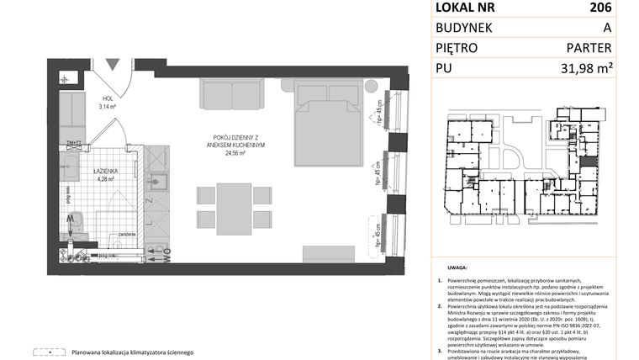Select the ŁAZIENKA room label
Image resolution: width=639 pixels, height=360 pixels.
coord(105,170)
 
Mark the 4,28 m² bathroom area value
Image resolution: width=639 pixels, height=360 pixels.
coord(105,177)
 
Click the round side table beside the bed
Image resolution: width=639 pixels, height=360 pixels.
coord(371,87)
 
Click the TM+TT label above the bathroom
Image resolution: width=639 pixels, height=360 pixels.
coord(73,144)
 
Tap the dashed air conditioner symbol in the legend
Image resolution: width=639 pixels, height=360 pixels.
coord(47,352)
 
